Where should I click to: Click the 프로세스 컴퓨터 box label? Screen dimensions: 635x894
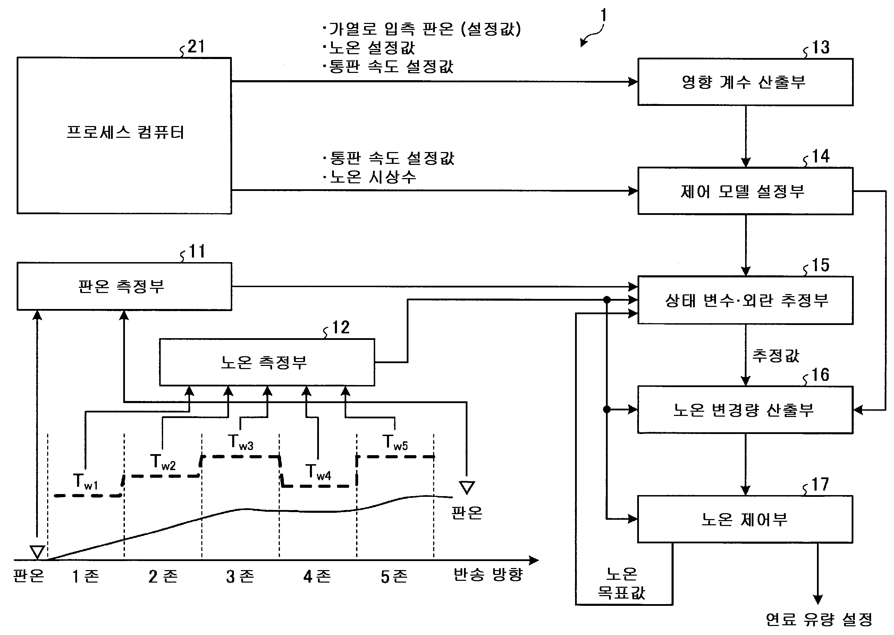[125, 133]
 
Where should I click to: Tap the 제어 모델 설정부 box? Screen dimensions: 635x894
[745, 191]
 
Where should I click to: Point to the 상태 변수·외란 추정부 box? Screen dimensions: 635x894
[745, 300]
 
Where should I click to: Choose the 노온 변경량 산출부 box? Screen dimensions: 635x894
[745, 410]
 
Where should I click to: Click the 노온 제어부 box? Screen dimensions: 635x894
[745, 519]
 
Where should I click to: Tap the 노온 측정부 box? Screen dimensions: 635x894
[267, 362]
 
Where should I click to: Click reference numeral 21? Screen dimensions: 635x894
[196, 47]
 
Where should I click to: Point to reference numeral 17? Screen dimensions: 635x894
[820, 485]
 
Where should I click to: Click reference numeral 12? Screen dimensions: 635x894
[340, 327]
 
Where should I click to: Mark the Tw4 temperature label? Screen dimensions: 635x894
[318, 472]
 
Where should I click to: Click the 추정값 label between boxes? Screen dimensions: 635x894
[776, 356]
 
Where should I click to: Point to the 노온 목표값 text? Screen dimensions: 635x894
[622, 584]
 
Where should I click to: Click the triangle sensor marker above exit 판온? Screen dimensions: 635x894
[467, 487]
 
